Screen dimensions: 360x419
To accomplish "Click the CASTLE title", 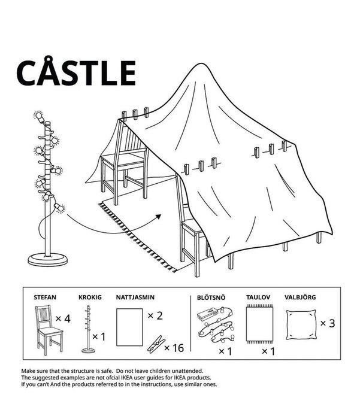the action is coord(77,71).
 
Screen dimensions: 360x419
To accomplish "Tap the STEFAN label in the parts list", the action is coord(45,297).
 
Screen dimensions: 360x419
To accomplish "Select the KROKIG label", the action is coord(90,297).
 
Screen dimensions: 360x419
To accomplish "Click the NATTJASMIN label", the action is coord(135,297).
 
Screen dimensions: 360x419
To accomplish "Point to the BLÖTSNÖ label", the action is coord(211,297).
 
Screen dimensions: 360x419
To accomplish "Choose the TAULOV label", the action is coord(258,297).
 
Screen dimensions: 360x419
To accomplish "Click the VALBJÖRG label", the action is coord(300,297).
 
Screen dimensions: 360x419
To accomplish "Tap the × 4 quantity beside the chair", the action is coord(63,318).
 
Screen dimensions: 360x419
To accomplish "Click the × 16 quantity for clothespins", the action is coord(174,348).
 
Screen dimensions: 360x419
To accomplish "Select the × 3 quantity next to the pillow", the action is coord(328,323).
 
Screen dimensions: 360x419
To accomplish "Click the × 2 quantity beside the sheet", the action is coord(155,315).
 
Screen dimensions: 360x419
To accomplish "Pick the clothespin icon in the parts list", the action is coord(156,344).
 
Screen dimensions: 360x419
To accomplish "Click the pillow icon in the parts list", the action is coord(301,324).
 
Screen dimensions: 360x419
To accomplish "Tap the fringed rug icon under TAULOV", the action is coord(260,324).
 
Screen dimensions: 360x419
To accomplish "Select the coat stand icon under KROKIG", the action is coord(88,329).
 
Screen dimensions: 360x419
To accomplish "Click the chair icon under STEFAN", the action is coord(49,330).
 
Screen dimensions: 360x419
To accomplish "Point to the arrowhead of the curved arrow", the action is coord(159,217).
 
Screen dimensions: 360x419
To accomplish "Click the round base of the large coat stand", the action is coord(47,260).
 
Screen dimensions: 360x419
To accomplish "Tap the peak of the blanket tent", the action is coord(201,63).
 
